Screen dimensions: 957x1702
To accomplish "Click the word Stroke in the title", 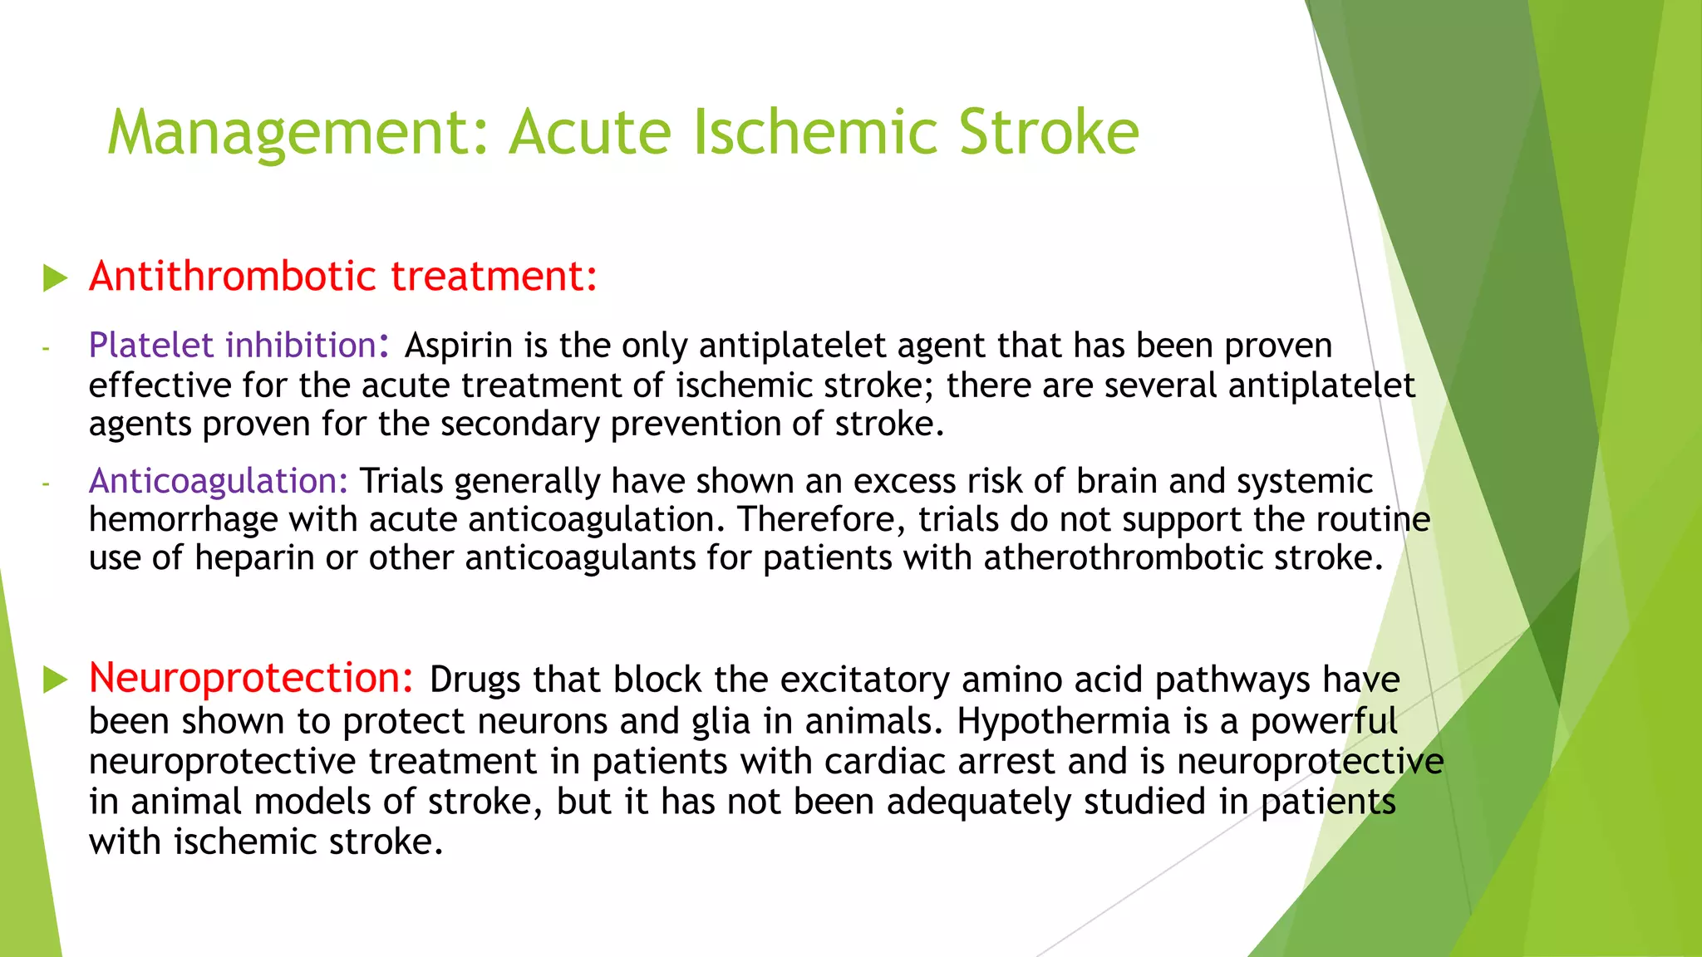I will click(x=1048, y=133).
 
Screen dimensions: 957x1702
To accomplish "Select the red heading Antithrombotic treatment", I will click(x=343, y=277).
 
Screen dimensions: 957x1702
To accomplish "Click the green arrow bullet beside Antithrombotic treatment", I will click(x=55, y=278).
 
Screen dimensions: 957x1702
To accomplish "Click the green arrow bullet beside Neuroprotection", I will click(x=55, y=680).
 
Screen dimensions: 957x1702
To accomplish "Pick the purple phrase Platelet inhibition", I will click(x=234, y=346).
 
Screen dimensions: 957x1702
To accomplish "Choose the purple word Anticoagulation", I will click(x=219, y=481).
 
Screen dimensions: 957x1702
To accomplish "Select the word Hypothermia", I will click(x=1063, y=721).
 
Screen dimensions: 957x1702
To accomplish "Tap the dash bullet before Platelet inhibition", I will click(x=47, y=348).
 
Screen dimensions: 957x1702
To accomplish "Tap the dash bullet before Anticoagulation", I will click(x=47, y=483).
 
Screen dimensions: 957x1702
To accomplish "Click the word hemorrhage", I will click(x=183, y=520).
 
